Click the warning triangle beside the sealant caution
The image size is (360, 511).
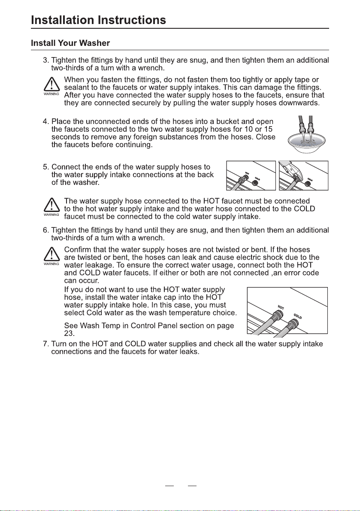click(x=51, y=85)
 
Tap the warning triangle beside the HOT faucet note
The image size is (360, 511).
click(x=51, y=206)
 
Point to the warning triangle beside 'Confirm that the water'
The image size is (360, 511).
click(x=51, y=254)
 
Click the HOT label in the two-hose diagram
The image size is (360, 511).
click(x=281, y=307)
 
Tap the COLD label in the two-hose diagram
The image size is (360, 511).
click(x=297, y=316)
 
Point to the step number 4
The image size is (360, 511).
click(x=46, y=121)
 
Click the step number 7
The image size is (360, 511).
click(x=46, y=344)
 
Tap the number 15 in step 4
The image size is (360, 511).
click(x=268, y=130)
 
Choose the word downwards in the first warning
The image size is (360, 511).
click(x=297, y=103)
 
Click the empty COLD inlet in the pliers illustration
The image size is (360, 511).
click(x=308, y=184)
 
